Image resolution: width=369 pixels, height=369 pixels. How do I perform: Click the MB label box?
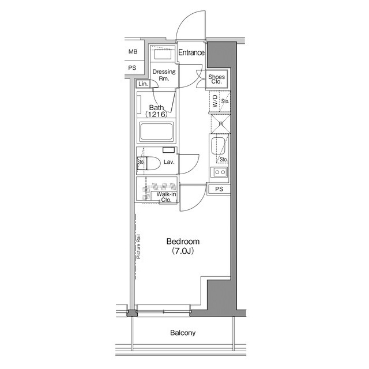133,52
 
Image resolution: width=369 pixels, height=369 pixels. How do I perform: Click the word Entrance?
191,53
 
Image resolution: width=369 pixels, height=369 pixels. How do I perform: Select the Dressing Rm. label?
164,76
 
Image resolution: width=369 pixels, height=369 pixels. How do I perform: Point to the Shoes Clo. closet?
217,80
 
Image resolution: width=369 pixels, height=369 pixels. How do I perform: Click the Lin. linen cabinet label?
143,84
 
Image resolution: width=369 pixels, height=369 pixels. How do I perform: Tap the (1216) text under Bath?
156,115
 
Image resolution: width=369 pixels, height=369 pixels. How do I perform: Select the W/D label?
215,104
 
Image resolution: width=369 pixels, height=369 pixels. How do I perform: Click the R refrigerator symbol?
220,123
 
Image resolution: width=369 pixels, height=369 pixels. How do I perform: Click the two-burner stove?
220,172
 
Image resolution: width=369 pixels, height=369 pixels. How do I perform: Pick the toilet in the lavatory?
151,163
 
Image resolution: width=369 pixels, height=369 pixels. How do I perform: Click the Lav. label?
169,163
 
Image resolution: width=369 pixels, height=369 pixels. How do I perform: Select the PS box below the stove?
219,189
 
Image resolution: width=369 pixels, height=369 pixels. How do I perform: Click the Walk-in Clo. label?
167,197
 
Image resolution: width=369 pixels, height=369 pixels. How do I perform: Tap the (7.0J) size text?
183,252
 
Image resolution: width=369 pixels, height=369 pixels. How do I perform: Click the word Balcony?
183,333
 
